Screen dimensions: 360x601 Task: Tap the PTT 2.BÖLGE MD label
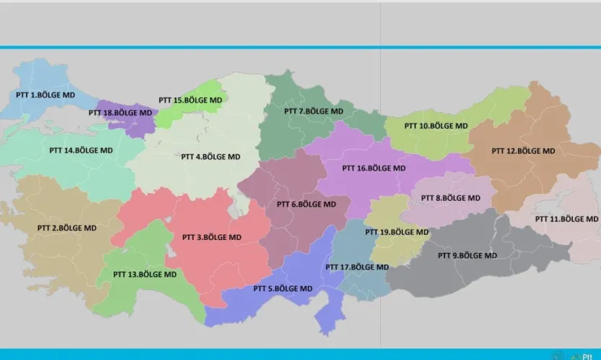(66, 228)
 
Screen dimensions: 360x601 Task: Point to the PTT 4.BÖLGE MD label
(210, 156)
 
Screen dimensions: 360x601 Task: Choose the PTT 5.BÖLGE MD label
(282, 288)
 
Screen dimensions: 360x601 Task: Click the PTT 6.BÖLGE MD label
(306, 204)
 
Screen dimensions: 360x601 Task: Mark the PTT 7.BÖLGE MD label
(314, 111)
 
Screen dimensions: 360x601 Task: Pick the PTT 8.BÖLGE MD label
(450, 197)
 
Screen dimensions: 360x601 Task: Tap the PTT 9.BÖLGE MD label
(467, 255)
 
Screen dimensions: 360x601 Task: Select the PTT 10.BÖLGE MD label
(436, 126)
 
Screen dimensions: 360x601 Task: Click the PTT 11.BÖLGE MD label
(567, 218)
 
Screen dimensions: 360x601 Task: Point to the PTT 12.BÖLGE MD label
(523, 151)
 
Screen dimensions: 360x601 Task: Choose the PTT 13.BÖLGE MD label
(144, 275)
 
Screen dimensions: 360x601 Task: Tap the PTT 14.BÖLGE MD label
(81, 151)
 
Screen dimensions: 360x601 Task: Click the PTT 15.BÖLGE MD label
(191, 100)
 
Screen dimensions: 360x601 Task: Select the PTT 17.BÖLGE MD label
(357, 267)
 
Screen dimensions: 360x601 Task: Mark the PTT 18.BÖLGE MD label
(120, 113)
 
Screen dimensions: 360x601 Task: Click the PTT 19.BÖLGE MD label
(397, 232)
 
